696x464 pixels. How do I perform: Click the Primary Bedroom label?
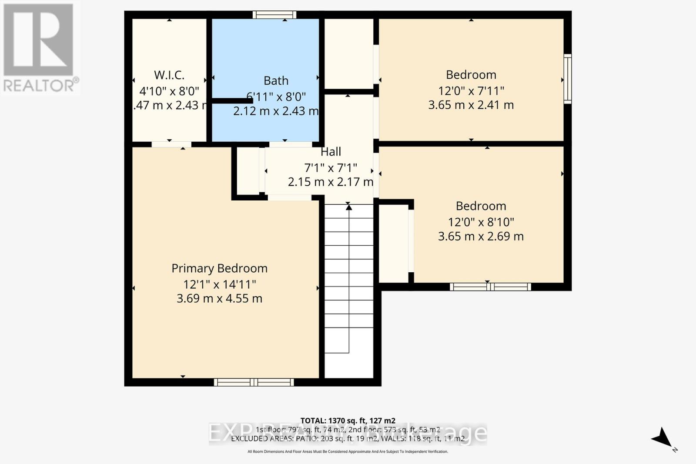[219, 268]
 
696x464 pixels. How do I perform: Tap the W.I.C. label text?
[169, 75]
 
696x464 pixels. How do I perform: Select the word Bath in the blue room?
[276, 81]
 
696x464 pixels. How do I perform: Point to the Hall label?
[331, 152]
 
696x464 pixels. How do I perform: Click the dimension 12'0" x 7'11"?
[471, 91]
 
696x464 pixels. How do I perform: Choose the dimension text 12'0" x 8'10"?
[481, 222]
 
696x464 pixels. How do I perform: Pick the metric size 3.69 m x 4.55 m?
[219, 299]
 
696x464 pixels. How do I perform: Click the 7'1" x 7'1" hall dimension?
[331, 167]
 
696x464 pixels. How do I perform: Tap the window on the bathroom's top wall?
[274, 15]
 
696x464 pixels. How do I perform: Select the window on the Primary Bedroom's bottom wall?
[254, 382]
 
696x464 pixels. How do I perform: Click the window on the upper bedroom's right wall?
[567, 79]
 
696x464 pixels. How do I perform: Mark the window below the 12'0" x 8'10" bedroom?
[490, 287]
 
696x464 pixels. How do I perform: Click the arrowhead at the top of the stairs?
[348, 207]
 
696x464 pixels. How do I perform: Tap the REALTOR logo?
[39, 48]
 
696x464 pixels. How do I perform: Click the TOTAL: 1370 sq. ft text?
[348, 421]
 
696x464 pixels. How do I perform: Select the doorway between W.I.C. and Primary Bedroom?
[171, 144]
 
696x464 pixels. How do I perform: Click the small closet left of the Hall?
[248, 171]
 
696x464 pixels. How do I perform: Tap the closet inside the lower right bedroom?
[394, 244]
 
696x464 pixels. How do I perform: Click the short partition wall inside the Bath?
[232, 101]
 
